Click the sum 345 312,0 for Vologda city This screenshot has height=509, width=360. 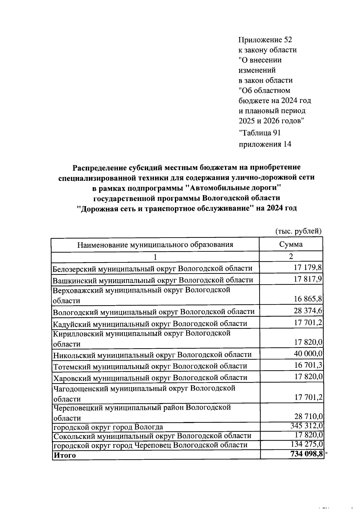[306, 426]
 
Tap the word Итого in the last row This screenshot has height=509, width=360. [64, 455]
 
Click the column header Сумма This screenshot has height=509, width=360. [291, 244]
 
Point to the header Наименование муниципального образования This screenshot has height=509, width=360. [155, 244]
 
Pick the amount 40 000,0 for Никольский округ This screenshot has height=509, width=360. [308, 354]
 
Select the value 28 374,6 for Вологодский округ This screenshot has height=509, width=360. [308, 311]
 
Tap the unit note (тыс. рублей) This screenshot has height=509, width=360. [298, 231]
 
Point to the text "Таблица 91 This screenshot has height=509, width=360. [259, 133]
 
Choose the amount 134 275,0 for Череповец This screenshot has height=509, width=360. [307, 444]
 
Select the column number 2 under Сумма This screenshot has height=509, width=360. [291, 256]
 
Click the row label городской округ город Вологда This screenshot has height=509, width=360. [108, 427]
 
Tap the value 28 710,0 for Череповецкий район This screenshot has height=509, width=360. [308, 417]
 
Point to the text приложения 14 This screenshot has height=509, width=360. [265, 145]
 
